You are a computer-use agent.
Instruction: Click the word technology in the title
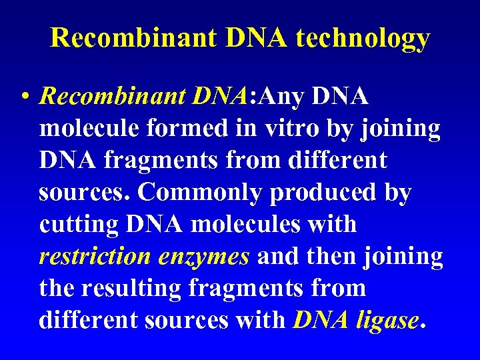point(363,39)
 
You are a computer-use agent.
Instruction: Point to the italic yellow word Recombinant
point(111,97)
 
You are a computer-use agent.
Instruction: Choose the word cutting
point(79,225)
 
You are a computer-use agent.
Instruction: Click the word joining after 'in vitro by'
point(401,129)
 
